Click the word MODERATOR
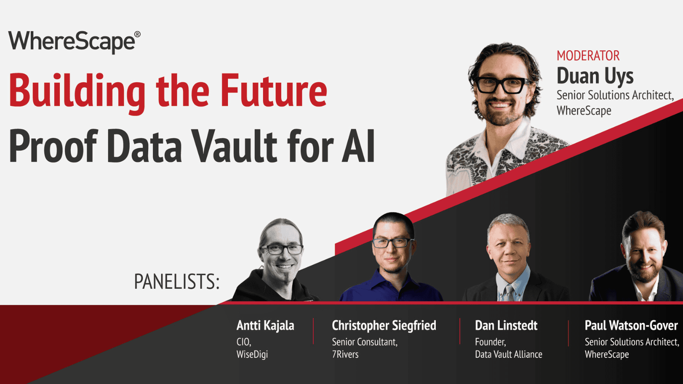588,56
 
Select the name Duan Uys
595,76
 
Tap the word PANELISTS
176,282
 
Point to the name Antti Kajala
265,326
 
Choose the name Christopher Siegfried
384,326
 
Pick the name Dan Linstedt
506,326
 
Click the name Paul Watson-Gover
631,326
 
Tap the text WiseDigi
252,355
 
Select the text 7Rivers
345,355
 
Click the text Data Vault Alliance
508,355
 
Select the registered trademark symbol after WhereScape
137,34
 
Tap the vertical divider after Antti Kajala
313,331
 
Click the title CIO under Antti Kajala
243,342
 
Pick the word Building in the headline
77,91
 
